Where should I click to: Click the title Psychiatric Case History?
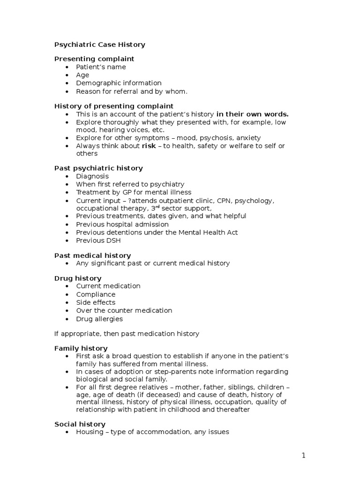click(99, 45)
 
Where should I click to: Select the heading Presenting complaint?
click(94, 59)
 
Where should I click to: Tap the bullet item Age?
click(82, 75)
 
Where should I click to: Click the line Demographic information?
click(119, 83)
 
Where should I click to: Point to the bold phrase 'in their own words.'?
click(252, 114)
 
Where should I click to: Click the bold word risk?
click(149, 146)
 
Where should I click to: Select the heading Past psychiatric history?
click(98, 168)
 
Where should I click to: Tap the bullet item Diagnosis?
click(92, 176)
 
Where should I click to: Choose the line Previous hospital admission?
click(122, 225)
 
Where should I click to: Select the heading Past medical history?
click(92, 255)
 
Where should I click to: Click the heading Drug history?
click(78, 278)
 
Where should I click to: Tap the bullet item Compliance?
click(96, 294)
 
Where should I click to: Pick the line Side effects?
click(96, 302)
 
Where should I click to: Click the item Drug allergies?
click(99, 319)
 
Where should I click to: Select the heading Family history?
click(81, 348)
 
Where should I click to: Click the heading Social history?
click(80, 424)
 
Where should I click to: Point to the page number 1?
click(304, 455)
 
